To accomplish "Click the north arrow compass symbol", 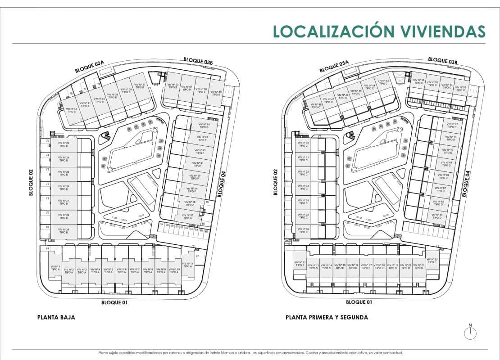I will tap(470, 332).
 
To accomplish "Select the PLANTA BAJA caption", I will tap(56, 317).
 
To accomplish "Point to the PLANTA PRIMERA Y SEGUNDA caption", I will tap(327, 317).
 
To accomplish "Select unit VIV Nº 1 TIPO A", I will tap(55, 268).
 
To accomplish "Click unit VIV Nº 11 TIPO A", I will tap(188, 265).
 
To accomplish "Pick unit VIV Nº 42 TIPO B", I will tap(71, 110).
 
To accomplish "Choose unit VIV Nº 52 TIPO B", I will tap(173, 86).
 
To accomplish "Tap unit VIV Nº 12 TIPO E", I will tap(300, 264).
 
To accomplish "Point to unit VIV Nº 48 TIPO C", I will tap(316, 106).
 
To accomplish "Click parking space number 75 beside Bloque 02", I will tap(47, 141).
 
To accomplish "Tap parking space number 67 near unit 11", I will tap(197, 256).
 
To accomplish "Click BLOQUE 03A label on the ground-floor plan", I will tap(90, 67).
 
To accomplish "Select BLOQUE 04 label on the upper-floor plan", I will tap(467, 184).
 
